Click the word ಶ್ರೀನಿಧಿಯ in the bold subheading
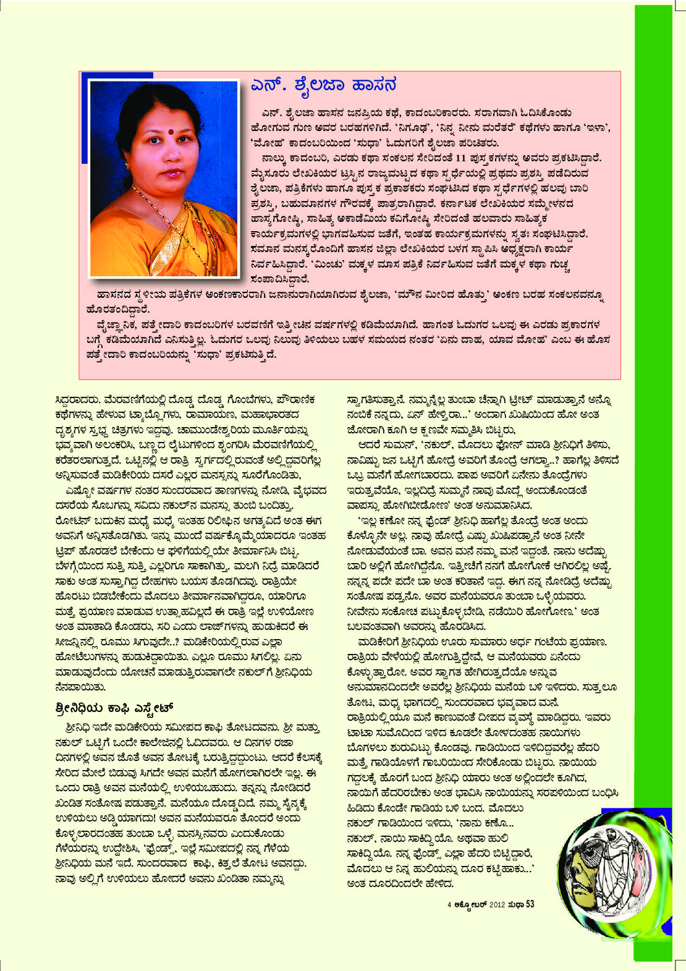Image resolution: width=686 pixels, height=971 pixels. pos(78,706)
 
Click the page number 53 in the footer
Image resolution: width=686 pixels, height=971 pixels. pos(530,904)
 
